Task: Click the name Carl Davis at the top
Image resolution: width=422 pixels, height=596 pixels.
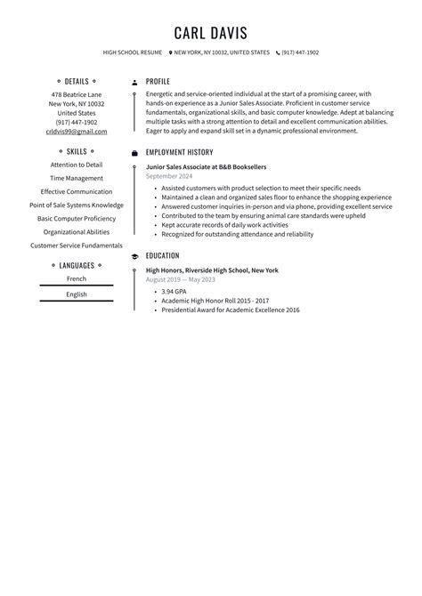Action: (x=211, y=33)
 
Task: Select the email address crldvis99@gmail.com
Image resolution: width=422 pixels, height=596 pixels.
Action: (x=77, y=132)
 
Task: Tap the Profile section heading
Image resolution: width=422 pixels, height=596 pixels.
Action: (x=158, y=81)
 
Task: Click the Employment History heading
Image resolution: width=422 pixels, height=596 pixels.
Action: (x=179, y=152)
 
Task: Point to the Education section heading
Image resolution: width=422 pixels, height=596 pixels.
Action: (x=162, y=256)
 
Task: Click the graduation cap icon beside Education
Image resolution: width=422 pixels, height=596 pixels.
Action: (x=134, y=256)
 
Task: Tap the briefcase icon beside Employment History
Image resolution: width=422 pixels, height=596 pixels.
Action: (x=134, y=153)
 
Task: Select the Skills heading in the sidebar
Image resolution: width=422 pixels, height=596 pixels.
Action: (x=77, y=151)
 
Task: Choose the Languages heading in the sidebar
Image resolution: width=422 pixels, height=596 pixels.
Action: (x=77, y=265)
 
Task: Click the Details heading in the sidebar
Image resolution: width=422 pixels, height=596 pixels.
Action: (x=77, y=81)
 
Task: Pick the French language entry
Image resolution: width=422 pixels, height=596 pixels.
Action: (x=77, y=279)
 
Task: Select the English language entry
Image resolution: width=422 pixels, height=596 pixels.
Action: (x=77, y=294)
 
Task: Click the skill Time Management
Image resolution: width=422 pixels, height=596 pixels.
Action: (x=77, y=178)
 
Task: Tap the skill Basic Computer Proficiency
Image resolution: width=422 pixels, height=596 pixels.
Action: (x=77, y=218)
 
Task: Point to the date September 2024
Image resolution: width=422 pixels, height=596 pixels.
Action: (x=169, y=176)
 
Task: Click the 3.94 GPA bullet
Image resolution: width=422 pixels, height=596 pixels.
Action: (x=174, y=291)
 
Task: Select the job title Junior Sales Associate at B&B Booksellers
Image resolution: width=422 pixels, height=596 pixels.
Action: (x=206, y=166)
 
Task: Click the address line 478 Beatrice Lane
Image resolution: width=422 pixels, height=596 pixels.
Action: (x=77, y=94)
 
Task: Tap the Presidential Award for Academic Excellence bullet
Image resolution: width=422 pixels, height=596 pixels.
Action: (x=230, y=310)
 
